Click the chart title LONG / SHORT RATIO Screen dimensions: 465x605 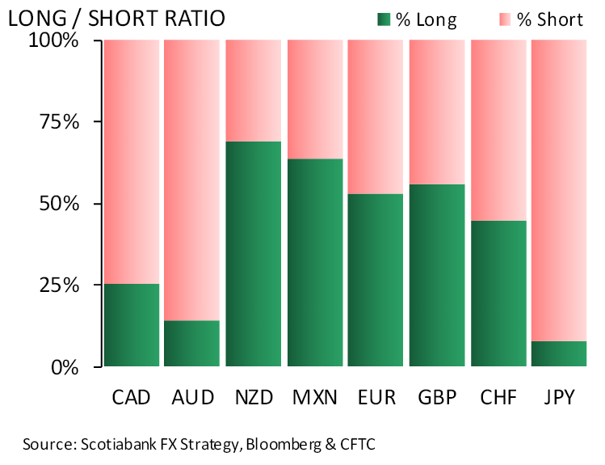click(x=117, y=18)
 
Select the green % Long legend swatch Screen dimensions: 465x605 click(x=384, y=19)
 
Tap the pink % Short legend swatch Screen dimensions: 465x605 click(x=506, y=19)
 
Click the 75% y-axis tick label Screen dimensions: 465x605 click(x=56, y=122)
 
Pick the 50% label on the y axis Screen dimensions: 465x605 click(x=56, y=204)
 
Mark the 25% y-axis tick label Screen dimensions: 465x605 click(x=56, y=285)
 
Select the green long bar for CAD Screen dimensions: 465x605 click(x=132, y=325)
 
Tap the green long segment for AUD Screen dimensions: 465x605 click(x=192, y=344)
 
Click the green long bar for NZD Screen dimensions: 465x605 click(x=254, y=254)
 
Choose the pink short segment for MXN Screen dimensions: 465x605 click(x=314, y=99)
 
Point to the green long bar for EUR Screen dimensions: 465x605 click(x=376, y=280)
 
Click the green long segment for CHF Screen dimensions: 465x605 click(x=498, y=294)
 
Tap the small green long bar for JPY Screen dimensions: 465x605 click(x=559, y=354)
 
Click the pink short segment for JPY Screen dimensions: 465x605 click(x=559, y=191)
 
